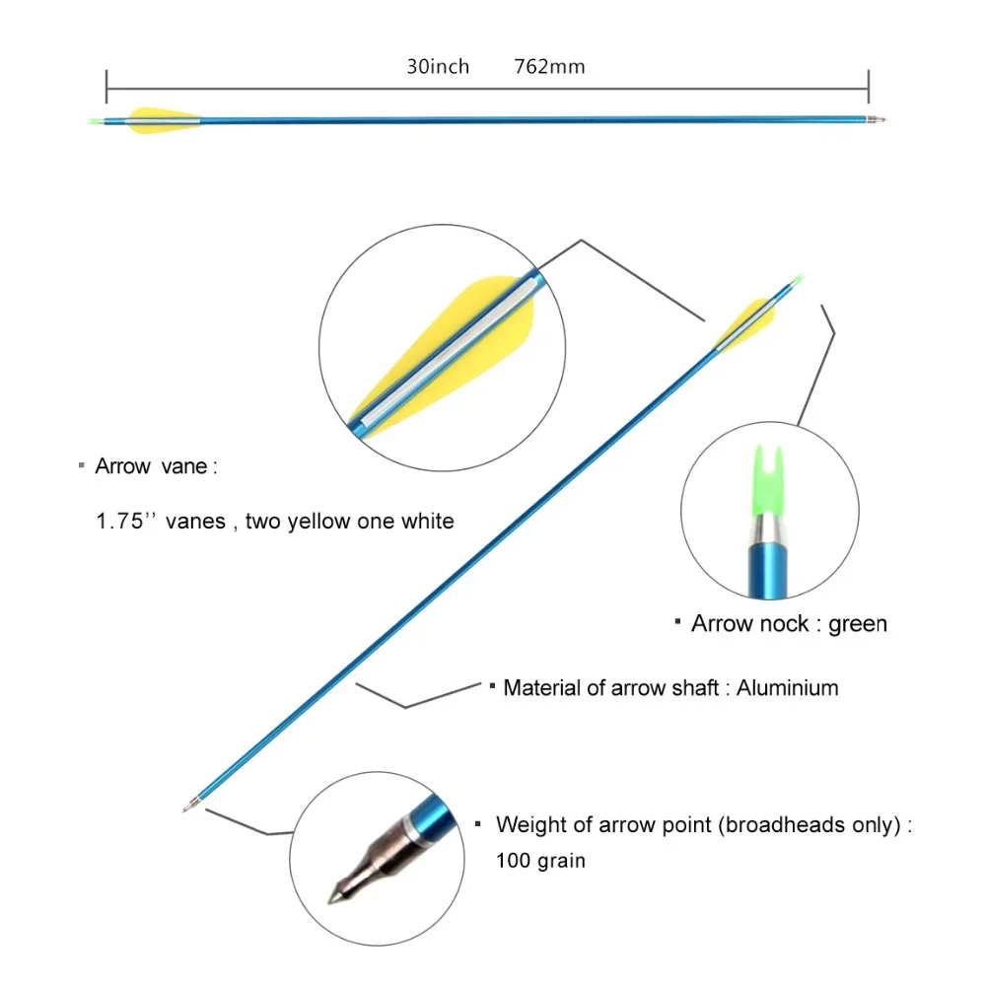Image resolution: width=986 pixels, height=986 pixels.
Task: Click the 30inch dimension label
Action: [x=438, y=67]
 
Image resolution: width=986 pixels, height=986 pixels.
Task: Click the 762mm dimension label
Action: [x=549, y=67]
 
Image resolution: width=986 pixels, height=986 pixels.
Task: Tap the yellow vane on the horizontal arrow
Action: [x=163, y=118]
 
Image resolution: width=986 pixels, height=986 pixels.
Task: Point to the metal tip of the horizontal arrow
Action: [x=878, y=120]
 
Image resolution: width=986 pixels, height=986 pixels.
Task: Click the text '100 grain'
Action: [x=540, y=861]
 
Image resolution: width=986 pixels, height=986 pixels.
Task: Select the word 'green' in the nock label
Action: [x=857, y=624]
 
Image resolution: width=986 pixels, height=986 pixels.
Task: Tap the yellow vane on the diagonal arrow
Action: [x=749, y=319]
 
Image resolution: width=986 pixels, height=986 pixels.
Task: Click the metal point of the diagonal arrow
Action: [x=189, y=806]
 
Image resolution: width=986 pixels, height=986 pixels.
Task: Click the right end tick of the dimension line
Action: [x=868, y=85]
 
